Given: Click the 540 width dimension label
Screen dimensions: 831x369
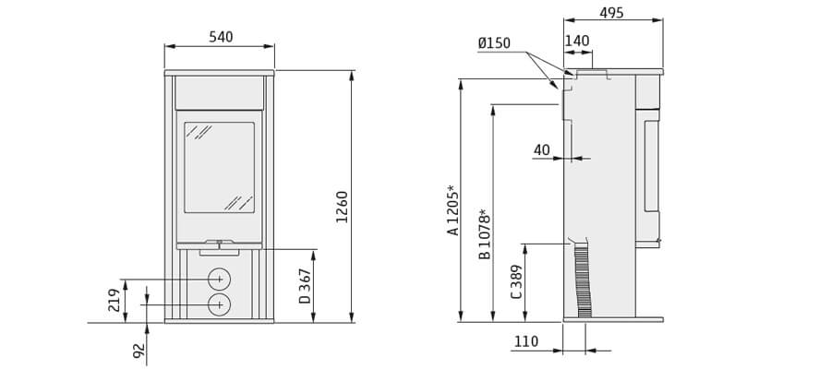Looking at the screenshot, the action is click(x=221, y=37).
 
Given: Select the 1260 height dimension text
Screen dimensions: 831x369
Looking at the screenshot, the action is click(x=343, y=207).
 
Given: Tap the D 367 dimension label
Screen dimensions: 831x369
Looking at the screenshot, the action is click(x=305, y=286).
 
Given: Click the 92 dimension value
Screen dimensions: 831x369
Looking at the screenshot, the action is click(x=138, y=350).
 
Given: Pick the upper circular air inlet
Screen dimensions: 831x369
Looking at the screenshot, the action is click(x=219, y=279).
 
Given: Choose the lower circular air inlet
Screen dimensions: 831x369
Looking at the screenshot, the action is click(x=219, y=304).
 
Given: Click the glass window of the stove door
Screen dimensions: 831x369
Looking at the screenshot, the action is click(x=219, y=167).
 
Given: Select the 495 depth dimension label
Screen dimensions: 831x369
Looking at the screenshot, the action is click(x=611, y=13).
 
